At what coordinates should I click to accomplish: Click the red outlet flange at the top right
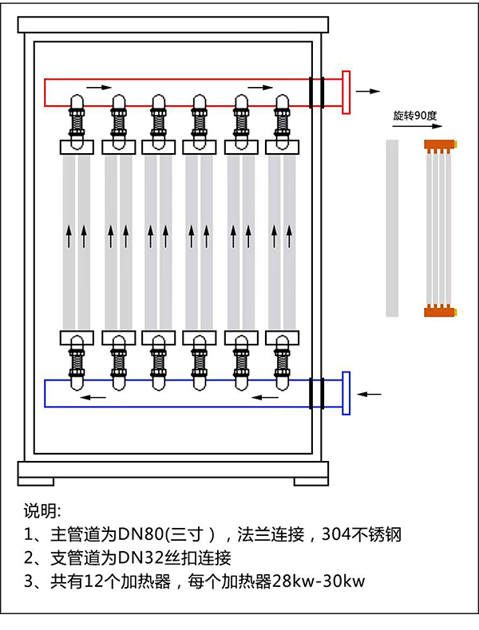tap(346, 92)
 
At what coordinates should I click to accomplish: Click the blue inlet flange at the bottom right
tap(346, 393)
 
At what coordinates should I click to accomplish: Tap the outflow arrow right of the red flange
tap(368, 92)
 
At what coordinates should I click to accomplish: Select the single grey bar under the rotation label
tap(392, 227)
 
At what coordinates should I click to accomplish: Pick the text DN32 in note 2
tap(141, 557)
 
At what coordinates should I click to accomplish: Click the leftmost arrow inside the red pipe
tap(95, 86)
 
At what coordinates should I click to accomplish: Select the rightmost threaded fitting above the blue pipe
tap(281, 358)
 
